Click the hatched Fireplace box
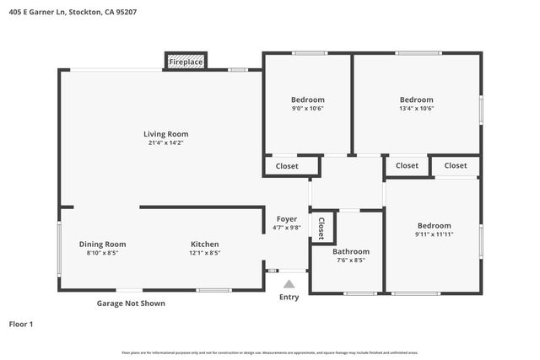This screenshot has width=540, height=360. click(186, 62)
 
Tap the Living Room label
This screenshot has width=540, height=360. click(165, 134)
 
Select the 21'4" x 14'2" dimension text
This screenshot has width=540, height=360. click(165, 142)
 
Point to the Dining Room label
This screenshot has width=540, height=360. click(102, 244)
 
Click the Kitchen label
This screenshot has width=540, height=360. click(204, 244)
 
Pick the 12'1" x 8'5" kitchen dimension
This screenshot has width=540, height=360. click(204, 253)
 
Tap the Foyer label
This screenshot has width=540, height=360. click(287, 219)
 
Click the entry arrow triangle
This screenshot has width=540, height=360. click(289, 284)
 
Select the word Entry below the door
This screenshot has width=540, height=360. click(289, 297)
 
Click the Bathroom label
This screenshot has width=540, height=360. click(350, 251)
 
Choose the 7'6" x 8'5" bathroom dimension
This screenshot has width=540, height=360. click(350, 261)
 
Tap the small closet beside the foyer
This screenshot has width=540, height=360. click(321, 227)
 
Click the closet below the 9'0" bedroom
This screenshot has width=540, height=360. click(287, 166)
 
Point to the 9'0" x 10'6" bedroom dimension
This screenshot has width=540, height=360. click(307, 108)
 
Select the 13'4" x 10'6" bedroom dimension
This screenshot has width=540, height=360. click(416, 108)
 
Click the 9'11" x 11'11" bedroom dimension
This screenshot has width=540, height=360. click(435, 234)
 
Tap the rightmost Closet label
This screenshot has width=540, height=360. click(456, 165)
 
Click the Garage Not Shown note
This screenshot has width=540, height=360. click(130, 304)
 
